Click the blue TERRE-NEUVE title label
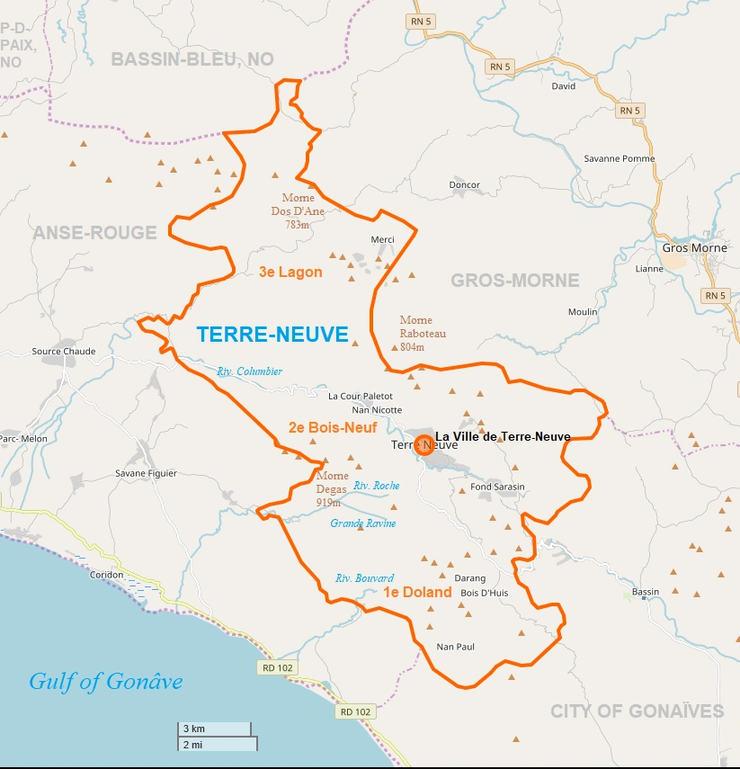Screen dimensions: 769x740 point(272,335)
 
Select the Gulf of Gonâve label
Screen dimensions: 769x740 point(105,681)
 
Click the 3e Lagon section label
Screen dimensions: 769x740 point(290,273)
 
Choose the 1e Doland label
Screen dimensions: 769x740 point(417,593)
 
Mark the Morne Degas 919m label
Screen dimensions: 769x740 point(333,489)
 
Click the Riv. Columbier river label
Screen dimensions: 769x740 point(249,371)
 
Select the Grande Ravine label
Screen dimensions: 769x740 point(362,523)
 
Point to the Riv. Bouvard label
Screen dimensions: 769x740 point(364,578)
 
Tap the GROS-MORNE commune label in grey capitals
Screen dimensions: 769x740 point(515,281)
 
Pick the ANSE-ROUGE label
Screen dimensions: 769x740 point(95,233)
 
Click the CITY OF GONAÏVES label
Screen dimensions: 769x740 point(637,711)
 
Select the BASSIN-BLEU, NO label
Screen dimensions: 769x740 point(192,59)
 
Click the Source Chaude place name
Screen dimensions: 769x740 point(64,352)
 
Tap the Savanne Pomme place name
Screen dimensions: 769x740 point(620,158)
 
